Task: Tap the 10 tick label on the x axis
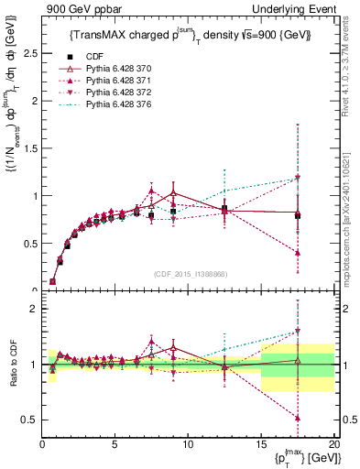188,444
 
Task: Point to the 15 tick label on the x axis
261,444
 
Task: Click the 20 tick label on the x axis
333,444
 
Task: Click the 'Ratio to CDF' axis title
12,365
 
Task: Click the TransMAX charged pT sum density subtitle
189,36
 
